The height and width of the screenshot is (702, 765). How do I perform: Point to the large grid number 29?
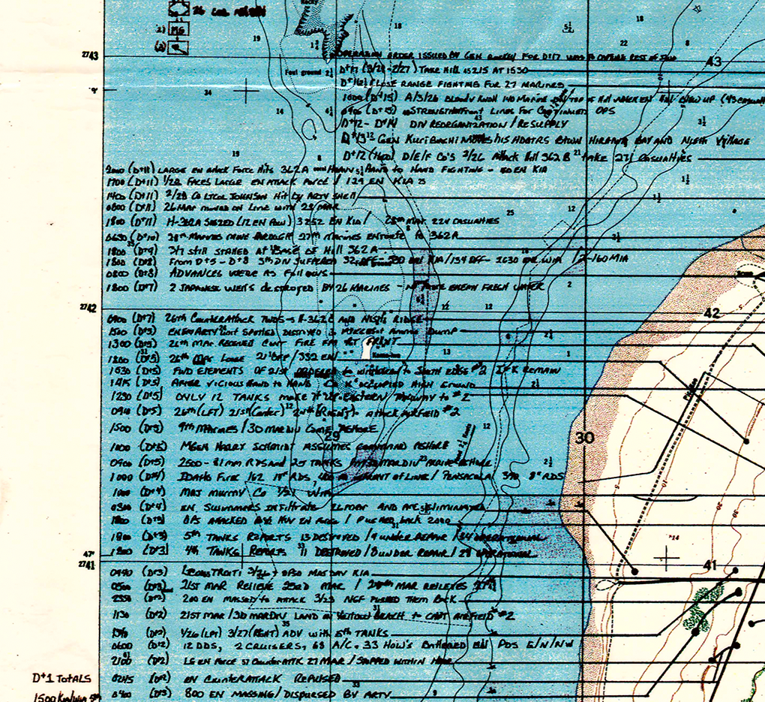(331, 435)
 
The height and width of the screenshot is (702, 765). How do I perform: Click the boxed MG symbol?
(178, 30)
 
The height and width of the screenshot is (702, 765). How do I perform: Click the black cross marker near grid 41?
(667, 557)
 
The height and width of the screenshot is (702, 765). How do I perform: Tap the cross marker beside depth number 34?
(245, 92)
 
